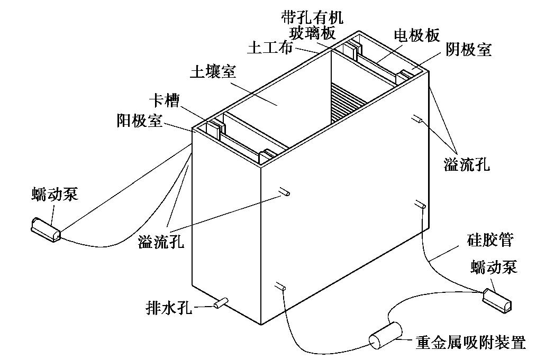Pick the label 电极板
(416, 35)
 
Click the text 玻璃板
(313, 33)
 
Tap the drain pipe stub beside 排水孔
(220, 303)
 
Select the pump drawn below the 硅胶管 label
(498, 300)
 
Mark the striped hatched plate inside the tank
(346, 104)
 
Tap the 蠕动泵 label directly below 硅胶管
(493, 267)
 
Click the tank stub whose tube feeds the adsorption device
(280, 287)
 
